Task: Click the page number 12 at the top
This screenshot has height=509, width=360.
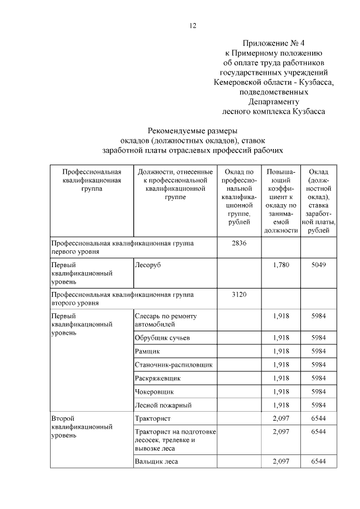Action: coord(193,25)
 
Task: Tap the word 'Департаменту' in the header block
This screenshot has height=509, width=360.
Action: coord(273,102)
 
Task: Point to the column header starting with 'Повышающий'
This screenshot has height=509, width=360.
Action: coord(281,200)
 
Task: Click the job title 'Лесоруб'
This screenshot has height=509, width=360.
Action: coord(148,264)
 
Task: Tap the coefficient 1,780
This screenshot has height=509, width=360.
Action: coord(281,264)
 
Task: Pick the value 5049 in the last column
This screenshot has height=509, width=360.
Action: coord(318,264)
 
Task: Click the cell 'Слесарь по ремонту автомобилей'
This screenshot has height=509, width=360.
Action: coord(166,320)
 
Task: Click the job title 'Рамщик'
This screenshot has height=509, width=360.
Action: coord(147,351)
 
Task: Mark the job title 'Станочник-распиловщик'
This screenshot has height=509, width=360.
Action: coord(174,364)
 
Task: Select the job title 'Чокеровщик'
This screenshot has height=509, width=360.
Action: coord(154,391)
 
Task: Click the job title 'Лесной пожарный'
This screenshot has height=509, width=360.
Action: coord(164,405)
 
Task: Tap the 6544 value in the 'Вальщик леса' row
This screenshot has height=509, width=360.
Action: coord(318,462)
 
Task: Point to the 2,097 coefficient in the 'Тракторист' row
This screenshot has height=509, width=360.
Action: coord(281,419)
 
